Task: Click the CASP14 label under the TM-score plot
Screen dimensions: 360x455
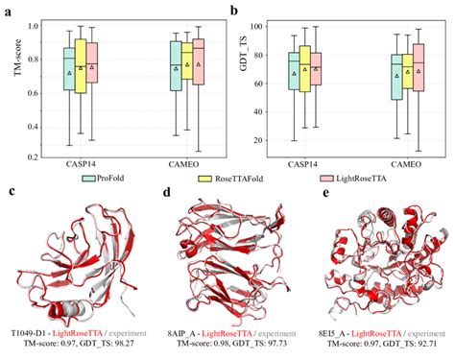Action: pos(82,167)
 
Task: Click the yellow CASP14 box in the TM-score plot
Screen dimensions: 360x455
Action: pos(81,66)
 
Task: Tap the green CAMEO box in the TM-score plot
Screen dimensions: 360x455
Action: pos(176,67)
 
